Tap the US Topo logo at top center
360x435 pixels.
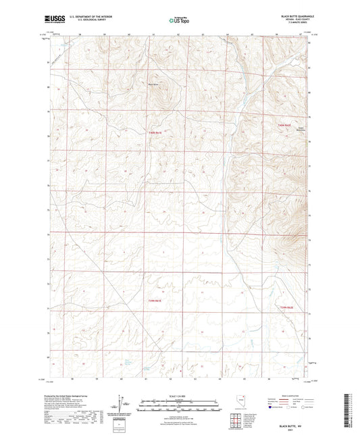(x=180, y=21)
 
